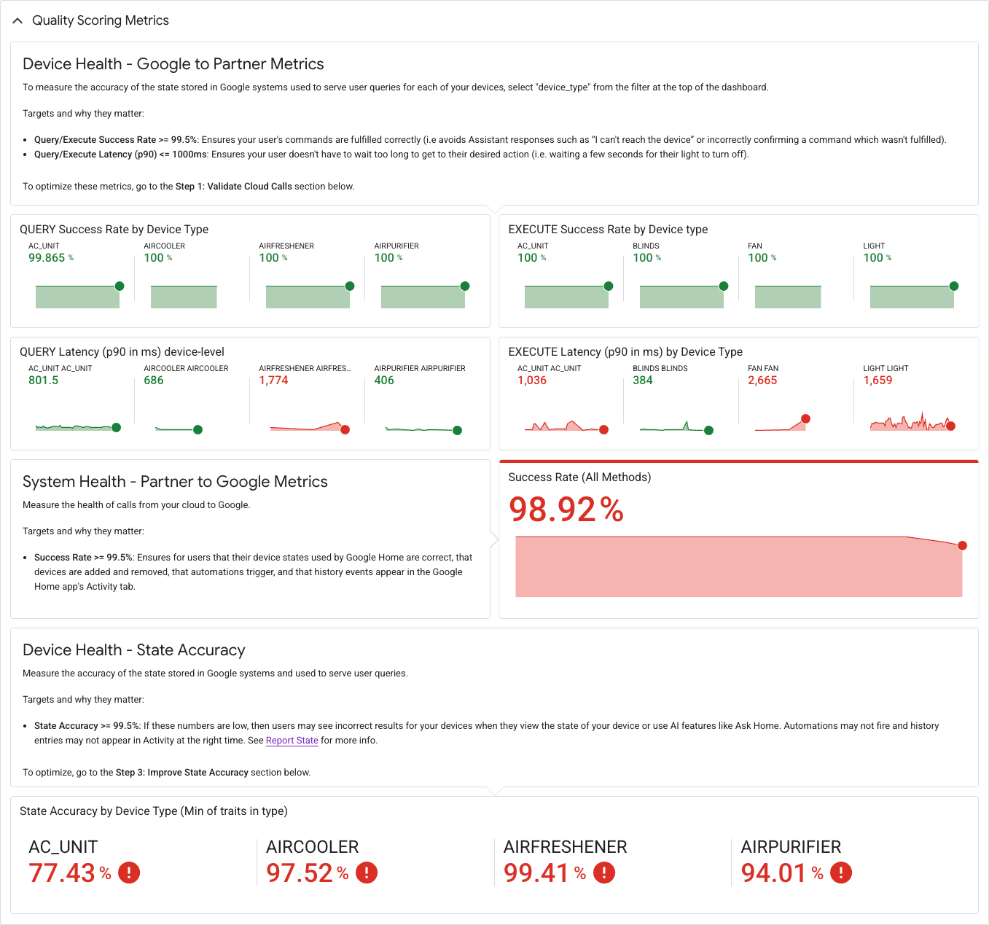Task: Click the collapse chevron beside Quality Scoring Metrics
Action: click(x=17, y=20)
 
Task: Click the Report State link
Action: click(x=292, y=740)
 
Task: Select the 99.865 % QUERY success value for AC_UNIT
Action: click(x=51, y=257)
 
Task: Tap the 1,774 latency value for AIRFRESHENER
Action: click(x=273, y=380)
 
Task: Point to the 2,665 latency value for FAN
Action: click(x=762, y=380)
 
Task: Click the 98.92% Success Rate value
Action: click(x=566, y=509)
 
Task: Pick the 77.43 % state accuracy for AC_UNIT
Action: click(x=70, y=873)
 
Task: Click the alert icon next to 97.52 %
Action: click(x=367, y=873)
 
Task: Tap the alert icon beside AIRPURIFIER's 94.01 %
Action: click(x=841, y=873)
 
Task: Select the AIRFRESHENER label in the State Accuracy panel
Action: click(x=566, y=846)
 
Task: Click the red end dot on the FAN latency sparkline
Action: click(x=805, y=418)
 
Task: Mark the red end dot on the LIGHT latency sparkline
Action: click(x=950, y=426)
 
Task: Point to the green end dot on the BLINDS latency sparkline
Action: click(x=708, y=430)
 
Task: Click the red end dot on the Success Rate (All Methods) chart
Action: click(x=962, y=545)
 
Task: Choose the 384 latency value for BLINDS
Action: click(x=642, y=380)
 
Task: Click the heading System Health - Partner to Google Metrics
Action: click(x=175, y=481)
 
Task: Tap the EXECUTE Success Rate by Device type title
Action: click(x=608, y=229)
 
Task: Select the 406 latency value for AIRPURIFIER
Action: click(x=384, y=380)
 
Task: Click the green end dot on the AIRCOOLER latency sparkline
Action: click(x=198, y=429)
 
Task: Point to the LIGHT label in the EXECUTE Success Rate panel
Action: click(x=873, y=246)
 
